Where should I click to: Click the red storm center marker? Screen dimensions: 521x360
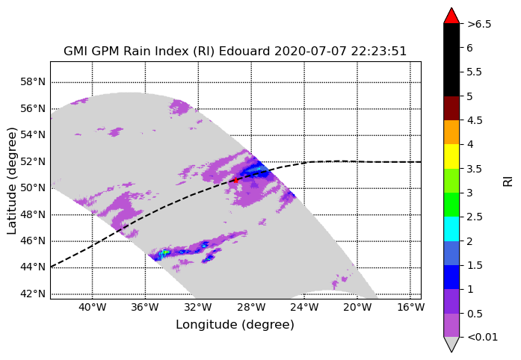coord(235,180)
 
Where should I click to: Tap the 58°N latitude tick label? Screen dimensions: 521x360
coord(33,81)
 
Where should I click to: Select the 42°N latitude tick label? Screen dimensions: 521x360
coord(33,294)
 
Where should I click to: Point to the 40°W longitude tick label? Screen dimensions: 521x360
coord(93,307)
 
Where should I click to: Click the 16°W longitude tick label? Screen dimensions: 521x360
coord(410,307)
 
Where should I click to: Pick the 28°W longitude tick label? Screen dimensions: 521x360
coord(251,307)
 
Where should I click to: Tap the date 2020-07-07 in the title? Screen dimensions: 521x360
coord(309,52)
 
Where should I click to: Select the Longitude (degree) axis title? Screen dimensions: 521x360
coord(235,324)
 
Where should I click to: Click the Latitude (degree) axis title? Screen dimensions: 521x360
coord(12,181)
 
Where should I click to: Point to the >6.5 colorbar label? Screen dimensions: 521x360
coord(479,24)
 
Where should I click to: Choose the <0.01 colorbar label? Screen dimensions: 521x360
coord(482,338)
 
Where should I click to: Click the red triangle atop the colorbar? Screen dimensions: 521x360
coord(451,16)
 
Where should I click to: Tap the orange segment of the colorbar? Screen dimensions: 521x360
coord(451,132)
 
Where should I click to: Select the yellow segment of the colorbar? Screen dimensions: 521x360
coord(451,156)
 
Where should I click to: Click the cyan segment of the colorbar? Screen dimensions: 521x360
coord(451,229)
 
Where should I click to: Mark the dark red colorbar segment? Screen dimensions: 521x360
coord(451,108)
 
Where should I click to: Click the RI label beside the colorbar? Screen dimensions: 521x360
coord(508,181)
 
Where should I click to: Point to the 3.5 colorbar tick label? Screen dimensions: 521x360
coord(475,169)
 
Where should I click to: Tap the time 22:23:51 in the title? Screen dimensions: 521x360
coord(377,52)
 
